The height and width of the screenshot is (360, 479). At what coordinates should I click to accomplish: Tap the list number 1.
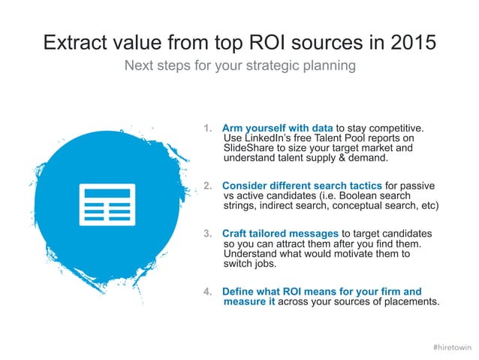point(207,128)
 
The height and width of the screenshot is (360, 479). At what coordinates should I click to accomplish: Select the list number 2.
point(207,185)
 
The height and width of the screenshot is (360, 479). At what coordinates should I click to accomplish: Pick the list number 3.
point(207,234)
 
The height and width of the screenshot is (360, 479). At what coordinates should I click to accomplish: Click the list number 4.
point(207,291)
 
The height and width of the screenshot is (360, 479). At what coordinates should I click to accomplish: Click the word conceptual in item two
point(360,204)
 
